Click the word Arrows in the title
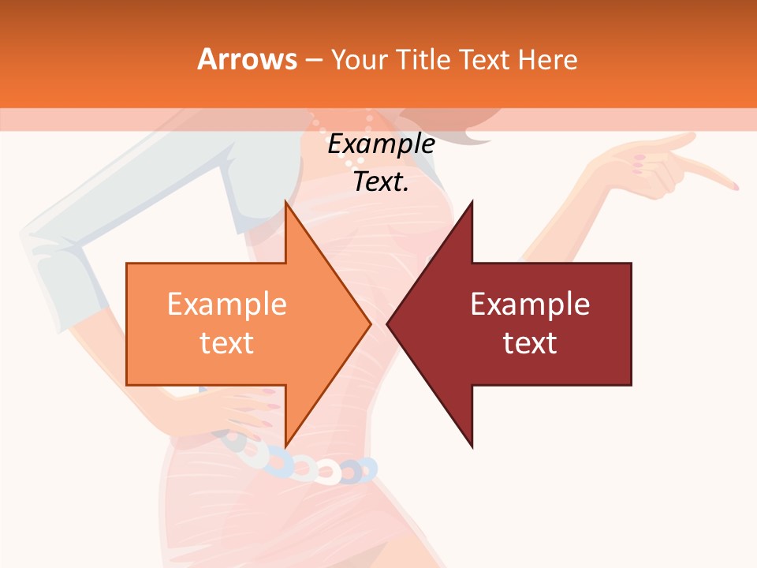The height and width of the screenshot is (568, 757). coord(248,59)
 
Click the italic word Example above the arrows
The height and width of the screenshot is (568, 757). coord(381,144)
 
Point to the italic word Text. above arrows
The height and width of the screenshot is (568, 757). coord(381,181)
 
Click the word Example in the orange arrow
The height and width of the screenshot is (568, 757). coord(226,305)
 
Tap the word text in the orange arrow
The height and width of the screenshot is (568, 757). coord(226,342)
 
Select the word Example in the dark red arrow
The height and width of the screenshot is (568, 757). coord(530,305)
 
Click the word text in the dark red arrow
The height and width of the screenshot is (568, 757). coord(530,342)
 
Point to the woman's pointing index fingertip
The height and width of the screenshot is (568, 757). coord(734,186)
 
